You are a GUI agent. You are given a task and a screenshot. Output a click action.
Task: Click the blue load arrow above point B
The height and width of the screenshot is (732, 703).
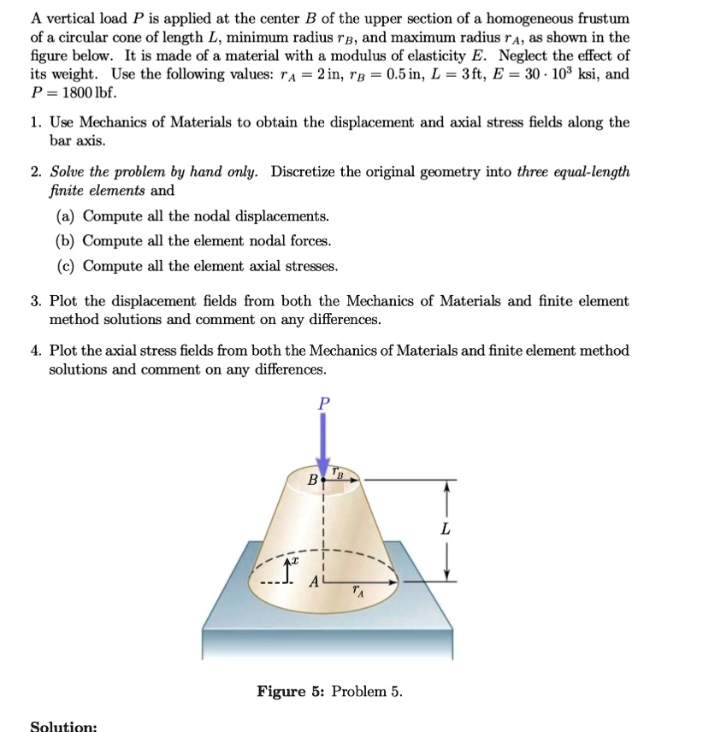pyautogui.click(x=322, y=445)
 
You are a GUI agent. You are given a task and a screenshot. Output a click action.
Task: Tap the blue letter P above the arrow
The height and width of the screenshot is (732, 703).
pyautogui.click(x=322, y=403)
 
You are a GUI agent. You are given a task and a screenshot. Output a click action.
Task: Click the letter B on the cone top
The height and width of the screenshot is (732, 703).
pyautogui.click(x=312, y=481)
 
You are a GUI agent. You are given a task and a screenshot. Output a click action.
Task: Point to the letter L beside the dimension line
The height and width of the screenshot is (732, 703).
pyautogui.click(x=444, y=530)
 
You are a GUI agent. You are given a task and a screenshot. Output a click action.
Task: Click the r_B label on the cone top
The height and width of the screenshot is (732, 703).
pyautogui.click(x=340, y=472)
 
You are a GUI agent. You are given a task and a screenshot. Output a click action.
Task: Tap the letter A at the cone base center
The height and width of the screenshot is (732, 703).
pyautogui.click(x=314, y=582)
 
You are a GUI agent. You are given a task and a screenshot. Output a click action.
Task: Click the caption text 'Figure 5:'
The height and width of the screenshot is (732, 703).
pyautogui.click(x=291, y=691)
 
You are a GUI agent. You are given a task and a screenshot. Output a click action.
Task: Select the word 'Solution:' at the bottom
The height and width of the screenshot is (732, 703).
pyautogui.click(x=63, y=726)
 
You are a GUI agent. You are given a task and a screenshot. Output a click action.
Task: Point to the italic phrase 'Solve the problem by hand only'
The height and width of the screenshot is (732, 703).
pyautogui.click(x=156, y=172)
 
